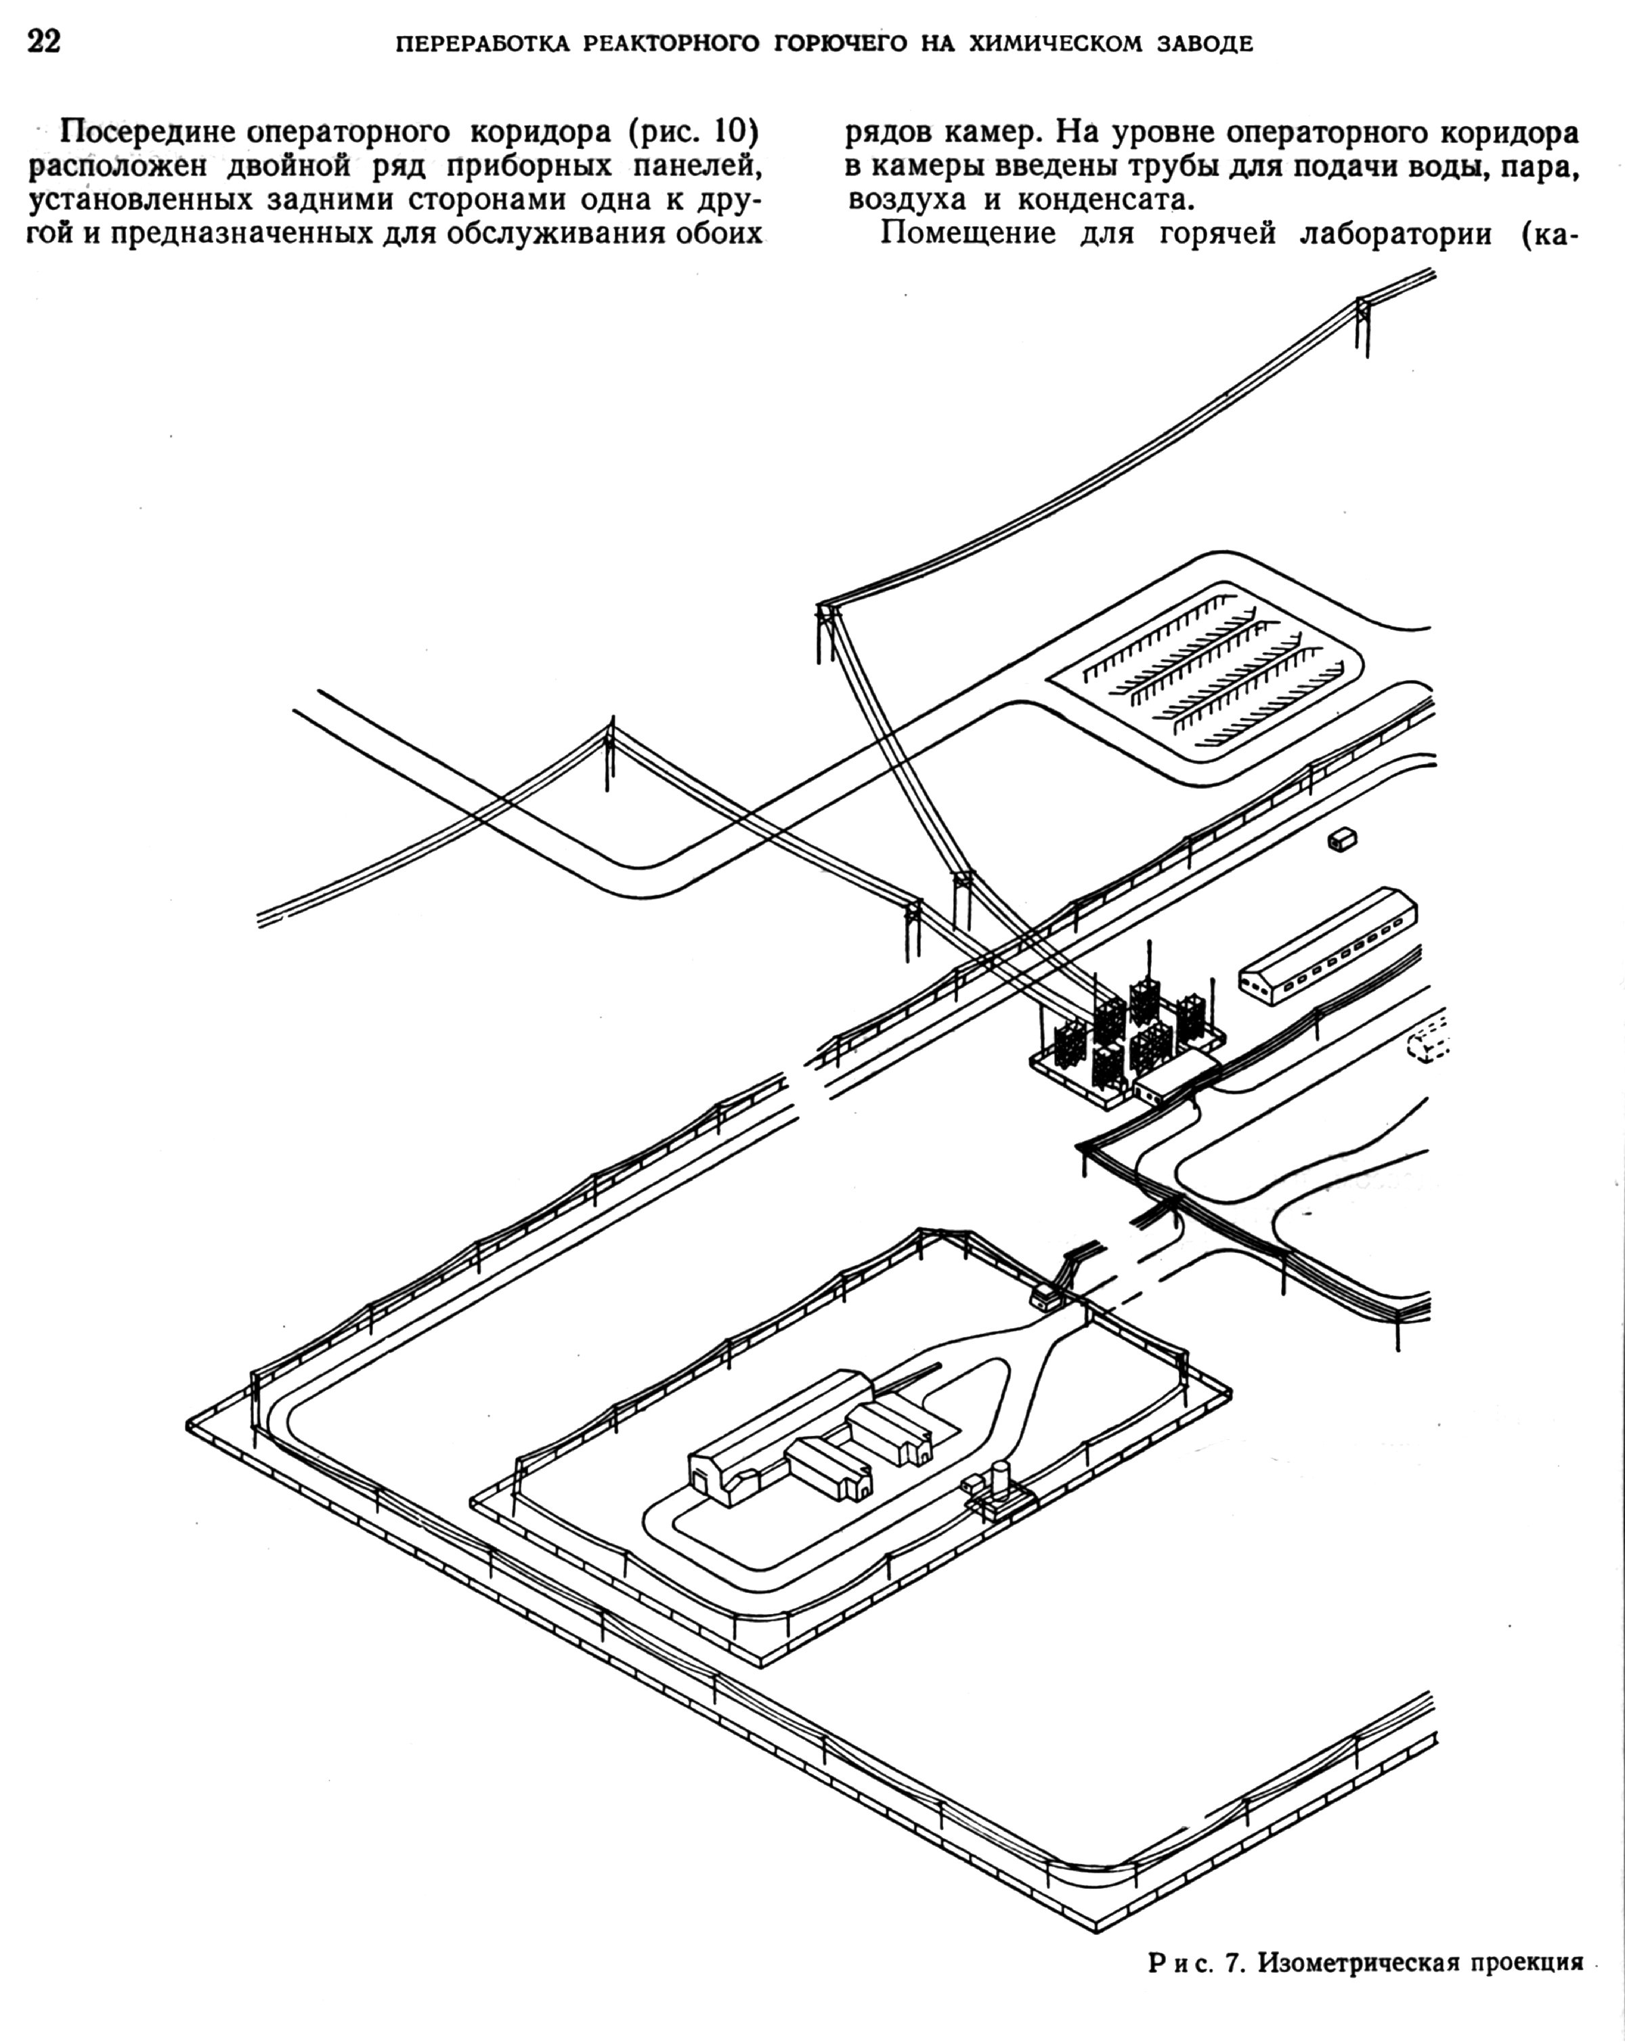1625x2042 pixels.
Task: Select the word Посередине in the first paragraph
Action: pyautogui.click(x=148, y=133)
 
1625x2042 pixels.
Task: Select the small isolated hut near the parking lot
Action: pyautogui.click(x=1342, y=838)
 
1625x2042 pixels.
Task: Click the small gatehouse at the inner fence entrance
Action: pyautogui.click(x=1043, y=1296)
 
